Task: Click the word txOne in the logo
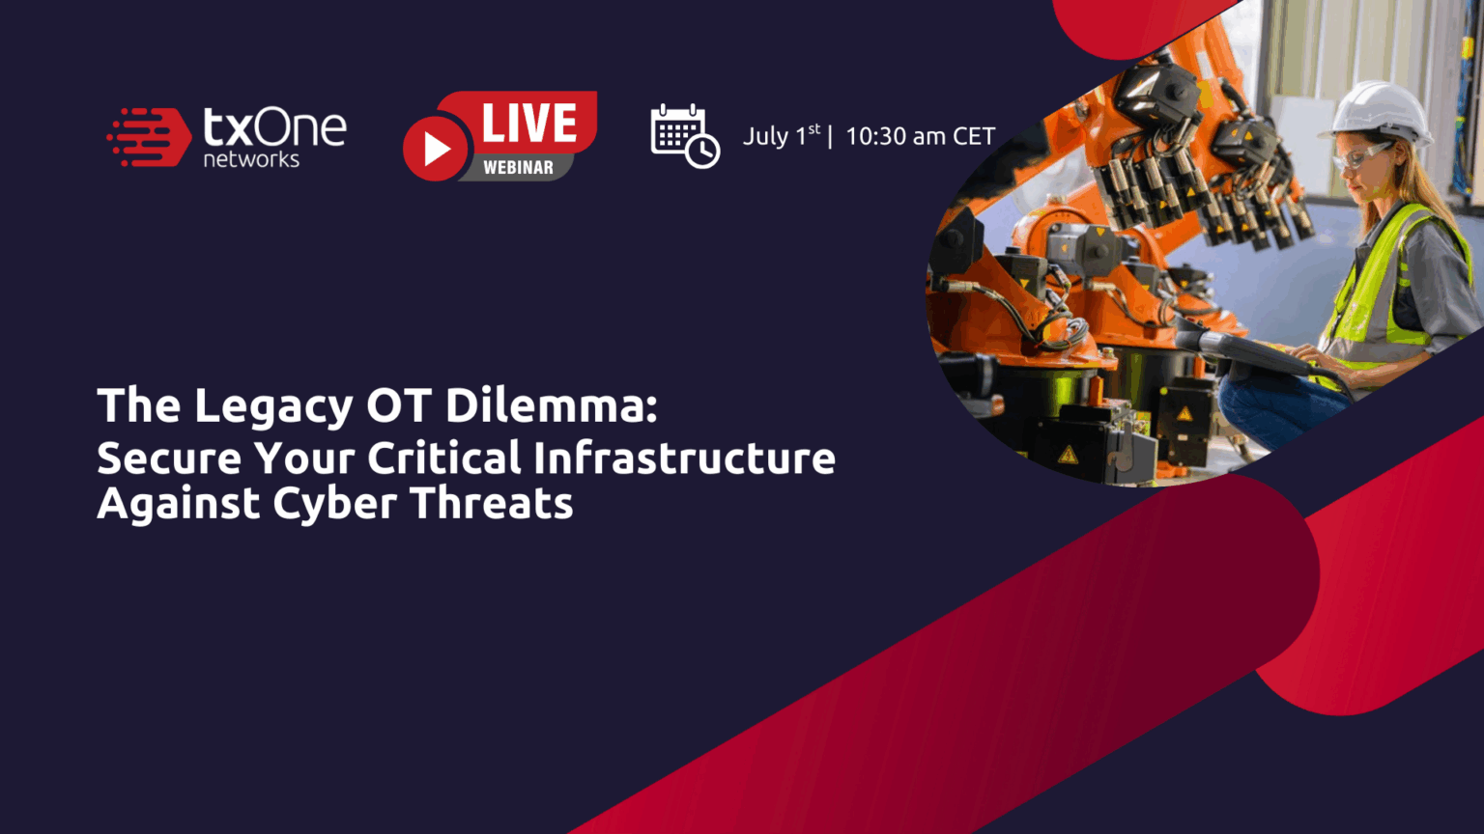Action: pyautogui.click(x=274, y=127)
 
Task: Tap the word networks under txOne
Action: pyautogui.click(x=251, y=159)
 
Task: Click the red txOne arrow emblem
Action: pyautogui.click(x=149, y=137)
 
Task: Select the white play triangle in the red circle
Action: pyautogui.click(x=437, y=149)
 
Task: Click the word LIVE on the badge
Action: pyautogui.click(x=528, y=124)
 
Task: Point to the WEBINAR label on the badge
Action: pyautogui.click(x=518, y=168)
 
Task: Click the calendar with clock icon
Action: pyautogui.click(x=684, y=136)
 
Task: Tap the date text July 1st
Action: pyautogui.click(x=781, y=136)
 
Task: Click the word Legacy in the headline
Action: pyautogui.click(x=272, y=406)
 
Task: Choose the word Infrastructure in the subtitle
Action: pyautogui.click(x=684, y=458)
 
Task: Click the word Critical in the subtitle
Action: pyautogui.click(x=444, y=458)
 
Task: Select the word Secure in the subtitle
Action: pyautogui.click(x=169, y=458)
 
